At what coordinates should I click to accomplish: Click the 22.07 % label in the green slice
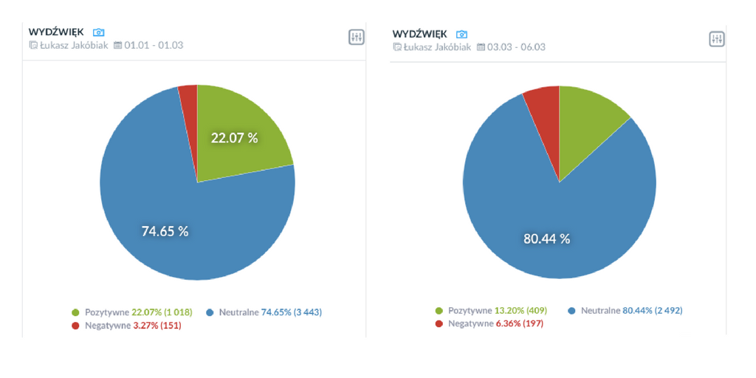point(234,137)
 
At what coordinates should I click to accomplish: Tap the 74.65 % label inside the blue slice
point(165,231)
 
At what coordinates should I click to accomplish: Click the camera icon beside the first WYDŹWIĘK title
point(99,32)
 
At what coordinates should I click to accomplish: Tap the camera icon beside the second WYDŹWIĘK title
point(462,34)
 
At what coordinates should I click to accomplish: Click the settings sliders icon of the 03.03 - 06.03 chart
point(717,39)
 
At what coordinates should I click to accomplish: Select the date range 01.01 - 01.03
point(154,45)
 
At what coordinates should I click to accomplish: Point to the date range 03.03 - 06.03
point(517,47)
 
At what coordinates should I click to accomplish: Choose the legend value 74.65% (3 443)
point(291,312)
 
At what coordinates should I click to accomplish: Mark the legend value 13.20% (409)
point(521,311)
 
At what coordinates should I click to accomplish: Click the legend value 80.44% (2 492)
point(652,311)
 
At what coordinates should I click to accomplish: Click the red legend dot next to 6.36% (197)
point(439,323)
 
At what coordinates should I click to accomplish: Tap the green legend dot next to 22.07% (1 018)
point(75,312)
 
